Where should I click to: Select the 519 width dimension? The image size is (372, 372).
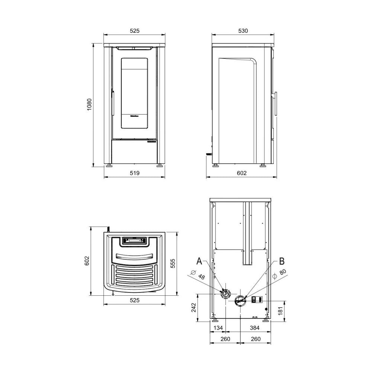[x=134, y=173]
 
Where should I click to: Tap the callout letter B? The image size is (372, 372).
[x=282, y=261]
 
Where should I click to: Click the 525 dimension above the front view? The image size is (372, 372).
[x=134, y=31]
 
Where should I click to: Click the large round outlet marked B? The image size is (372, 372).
[x=240, y=300]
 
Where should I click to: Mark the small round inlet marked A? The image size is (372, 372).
[x=225, y=294]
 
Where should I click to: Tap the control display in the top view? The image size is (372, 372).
[x=134, y=241]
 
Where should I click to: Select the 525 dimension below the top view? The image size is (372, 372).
[x=134, y=300]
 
